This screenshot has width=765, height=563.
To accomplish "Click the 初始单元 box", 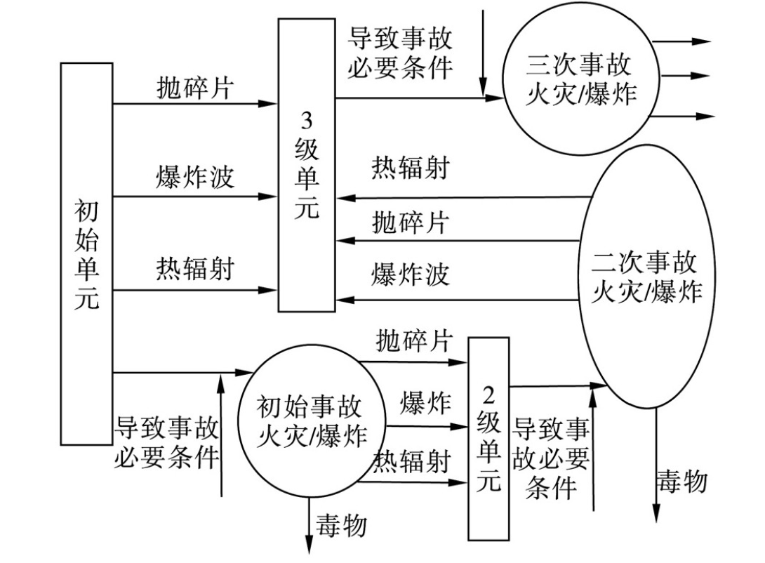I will (86, 253).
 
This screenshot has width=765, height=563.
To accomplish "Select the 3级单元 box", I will (306, 165).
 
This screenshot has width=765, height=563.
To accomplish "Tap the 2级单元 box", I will (488, 439).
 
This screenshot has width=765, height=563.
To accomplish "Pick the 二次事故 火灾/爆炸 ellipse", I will (644, 277).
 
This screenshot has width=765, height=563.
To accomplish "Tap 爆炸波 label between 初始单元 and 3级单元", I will (194, 177).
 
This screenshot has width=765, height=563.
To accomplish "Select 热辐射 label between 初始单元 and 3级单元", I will (194, 268).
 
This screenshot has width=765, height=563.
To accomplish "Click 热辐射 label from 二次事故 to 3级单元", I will (410, 168).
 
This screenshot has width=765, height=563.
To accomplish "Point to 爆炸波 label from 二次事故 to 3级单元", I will (410, 275).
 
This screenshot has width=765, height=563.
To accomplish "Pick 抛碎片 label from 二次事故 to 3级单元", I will (410, 223).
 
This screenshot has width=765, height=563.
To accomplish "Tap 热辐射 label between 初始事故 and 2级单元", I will (411, 461).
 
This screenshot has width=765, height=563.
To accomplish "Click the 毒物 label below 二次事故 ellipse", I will (681, 482).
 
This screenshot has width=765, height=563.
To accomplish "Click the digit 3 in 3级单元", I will (307, 121).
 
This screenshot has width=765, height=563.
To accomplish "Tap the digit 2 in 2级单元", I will (488, 391).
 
